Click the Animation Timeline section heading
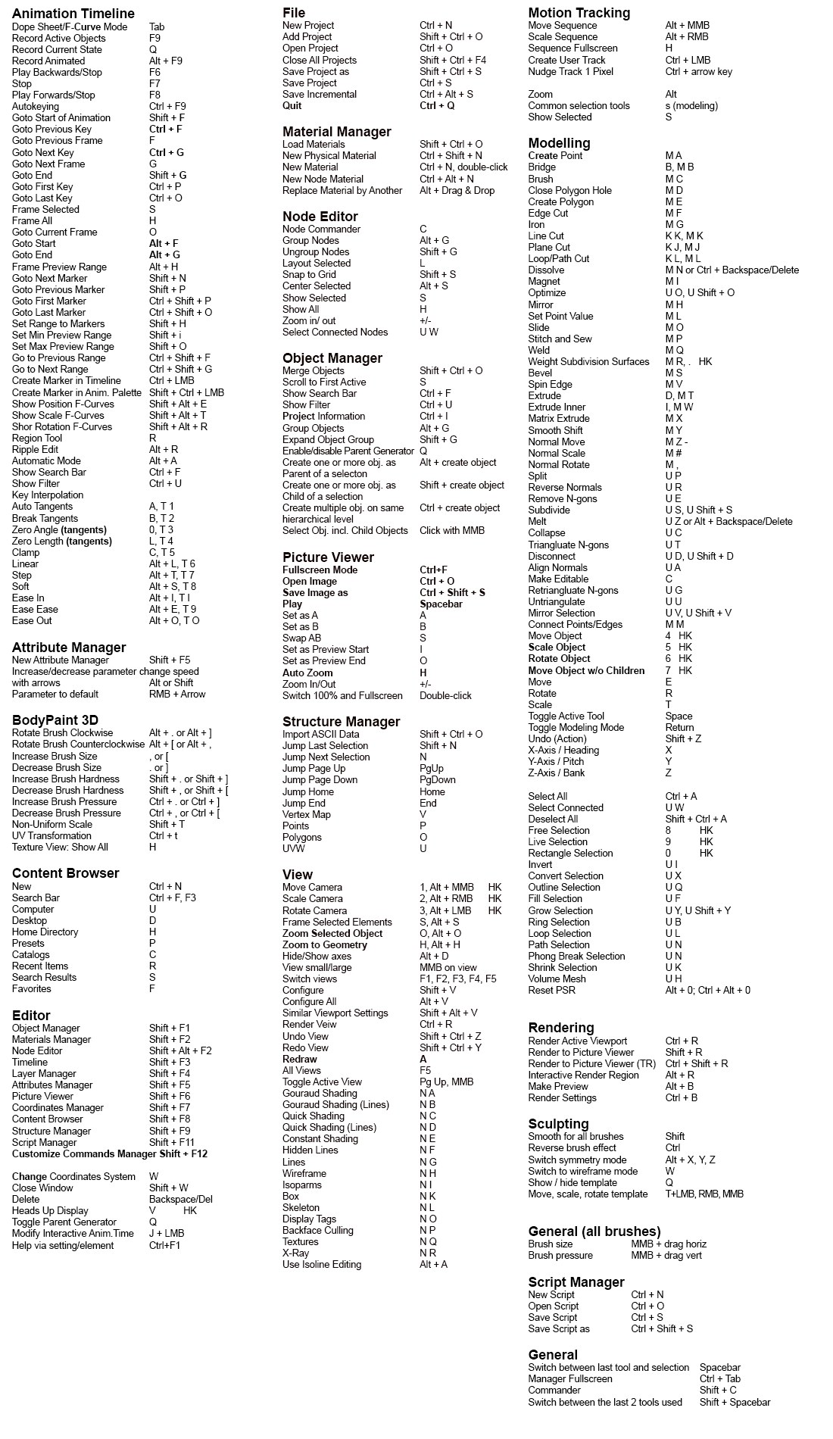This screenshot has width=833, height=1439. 73,14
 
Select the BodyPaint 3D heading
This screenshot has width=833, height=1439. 55,719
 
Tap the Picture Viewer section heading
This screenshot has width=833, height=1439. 328,557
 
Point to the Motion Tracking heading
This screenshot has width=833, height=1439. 579,13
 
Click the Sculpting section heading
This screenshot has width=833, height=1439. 558,1124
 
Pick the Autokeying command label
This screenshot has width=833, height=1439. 36,106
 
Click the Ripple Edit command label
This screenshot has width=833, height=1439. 35,449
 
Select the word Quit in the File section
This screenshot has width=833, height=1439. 292,105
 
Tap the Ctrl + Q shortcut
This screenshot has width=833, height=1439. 437,105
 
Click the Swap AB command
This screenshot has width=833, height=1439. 301,638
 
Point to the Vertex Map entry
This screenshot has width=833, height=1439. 306,814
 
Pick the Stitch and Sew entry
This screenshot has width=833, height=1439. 560,339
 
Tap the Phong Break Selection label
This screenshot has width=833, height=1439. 576,956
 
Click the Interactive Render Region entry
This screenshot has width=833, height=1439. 583,1075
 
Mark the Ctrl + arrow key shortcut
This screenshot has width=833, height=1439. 698,71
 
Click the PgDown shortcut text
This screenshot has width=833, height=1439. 437,779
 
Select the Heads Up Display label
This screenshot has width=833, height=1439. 50,1210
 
